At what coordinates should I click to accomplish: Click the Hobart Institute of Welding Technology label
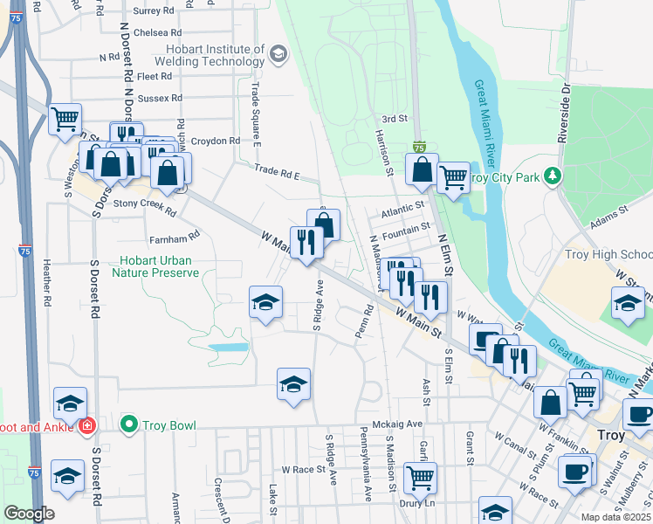click(210, 56)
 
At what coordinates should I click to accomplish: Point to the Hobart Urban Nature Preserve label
click(155, 265)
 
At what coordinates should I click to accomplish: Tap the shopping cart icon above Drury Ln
click(420, 478)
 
